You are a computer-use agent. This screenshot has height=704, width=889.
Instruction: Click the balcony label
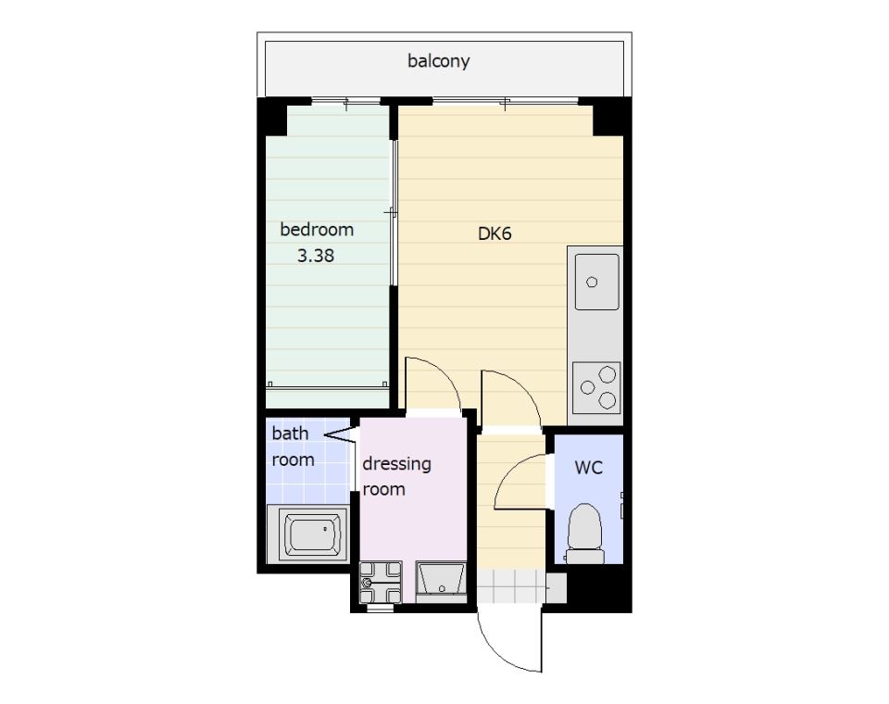tap(438, 61)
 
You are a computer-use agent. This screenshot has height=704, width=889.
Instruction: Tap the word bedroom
tap(317, 229)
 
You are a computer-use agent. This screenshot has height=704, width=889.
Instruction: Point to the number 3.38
tap(316, 256)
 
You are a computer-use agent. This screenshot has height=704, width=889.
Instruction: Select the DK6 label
tap(495, 233)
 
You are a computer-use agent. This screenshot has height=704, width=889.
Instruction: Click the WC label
tap(589, 468)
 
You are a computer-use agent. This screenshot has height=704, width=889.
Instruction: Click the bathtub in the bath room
tap(308, 534)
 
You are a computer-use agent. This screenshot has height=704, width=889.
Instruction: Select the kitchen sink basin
tap(596, 282)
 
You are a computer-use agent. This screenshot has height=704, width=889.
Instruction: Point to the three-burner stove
tap(596, 388)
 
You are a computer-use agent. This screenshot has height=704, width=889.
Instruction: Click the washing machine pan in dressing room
tap(381, 582)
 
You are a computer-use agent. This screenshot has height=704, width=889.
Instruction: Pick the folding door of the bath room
tap(340, 435)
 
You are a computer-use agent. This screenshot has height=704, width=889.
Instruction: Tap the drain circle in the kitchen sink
tap(592, 282)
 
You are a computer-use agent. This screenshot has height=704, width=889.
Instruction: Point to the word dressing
tap(397, 464)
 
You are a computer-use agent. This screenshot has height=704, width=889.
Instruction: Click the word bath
tap(290, 434)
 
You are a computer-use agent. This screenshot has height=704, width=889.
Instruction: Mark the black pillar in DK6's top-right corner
tap(608, 120)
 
